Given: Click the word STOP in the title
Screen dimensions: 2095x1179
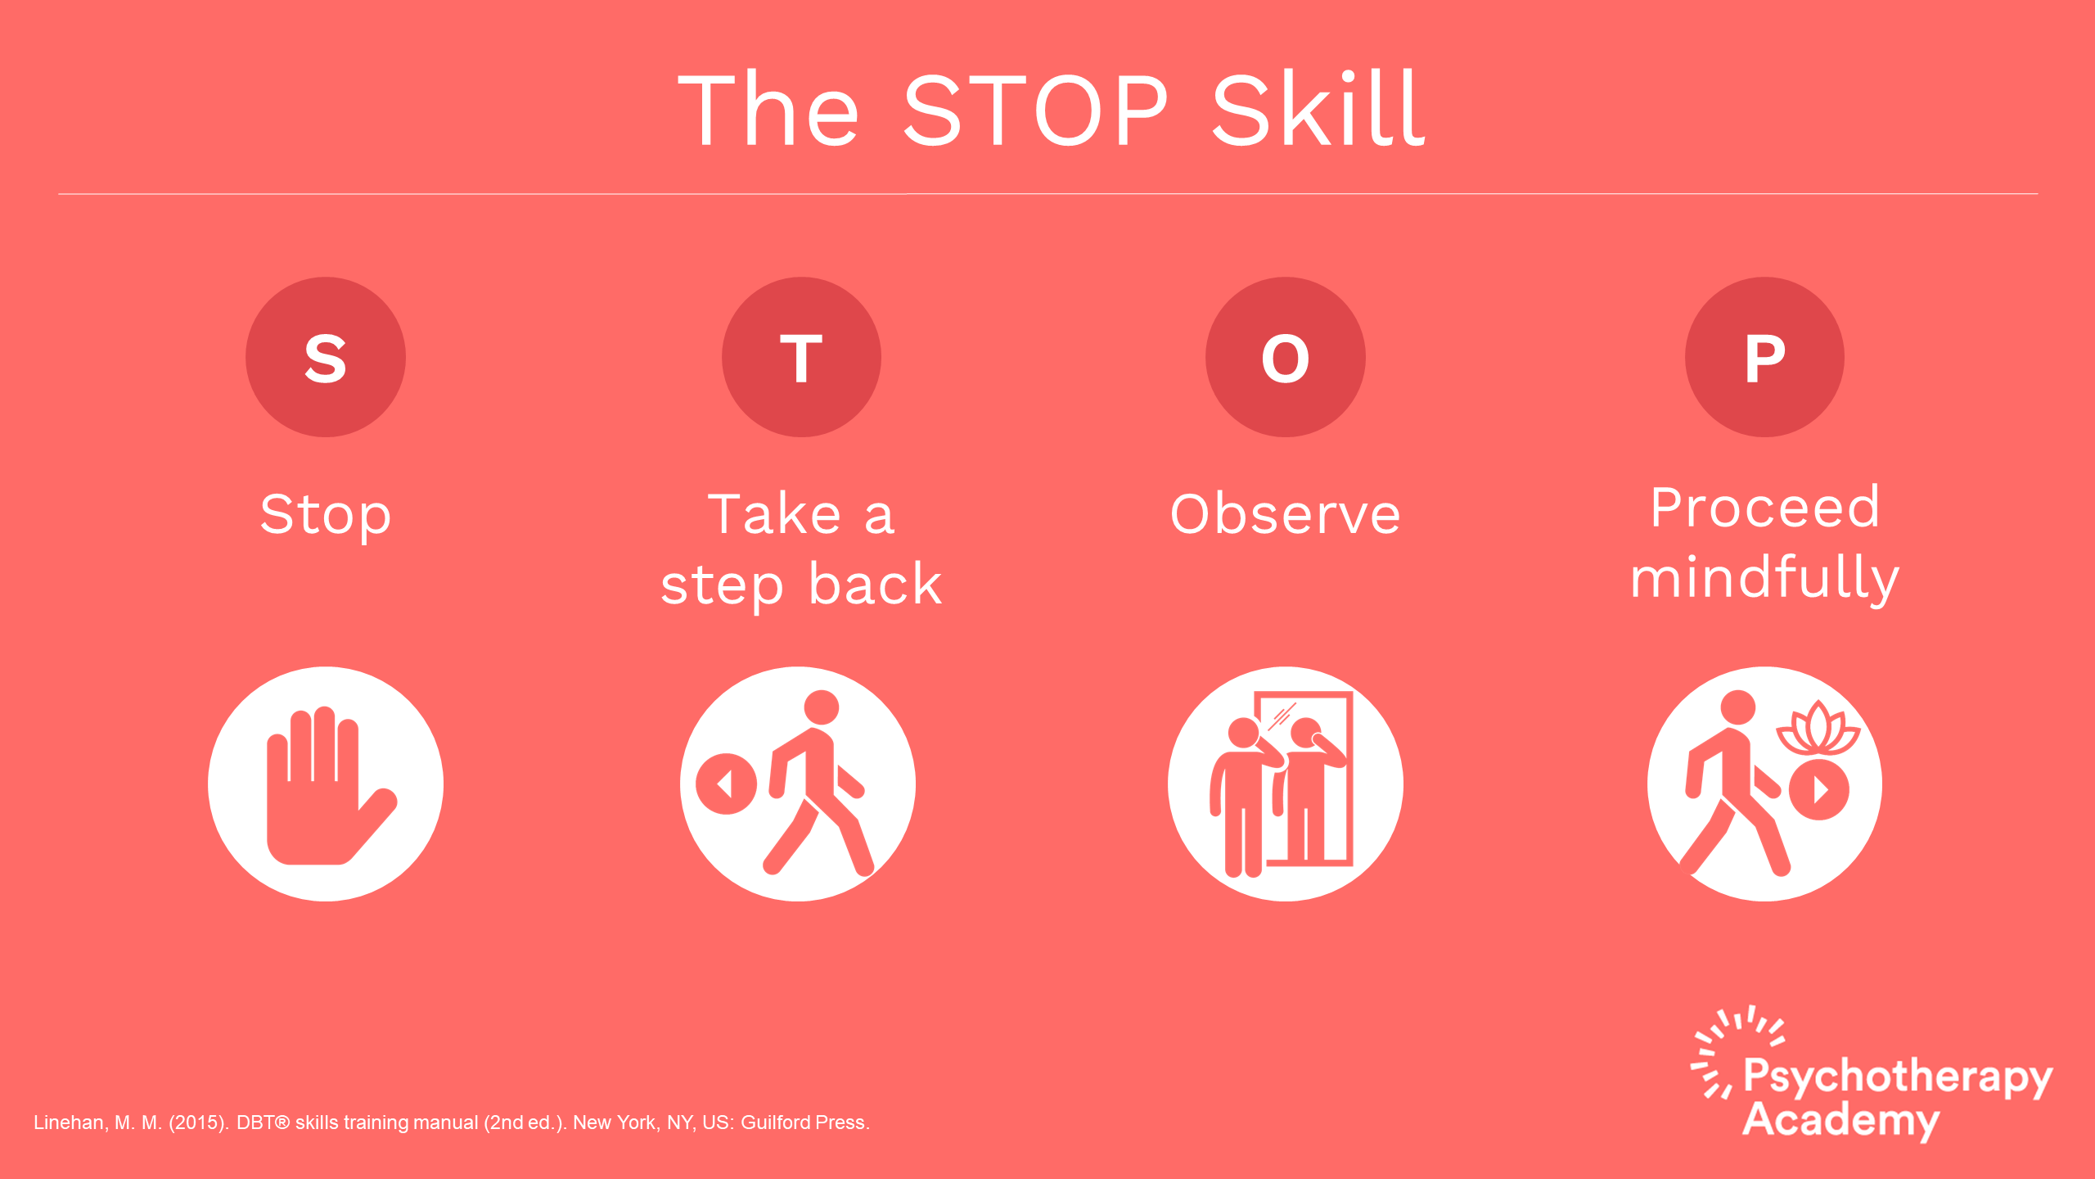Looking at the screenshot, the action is click(x=1035, y=111).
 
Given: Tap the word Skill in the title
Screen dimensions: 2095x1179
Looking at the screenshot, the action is click(x=1319, y=109).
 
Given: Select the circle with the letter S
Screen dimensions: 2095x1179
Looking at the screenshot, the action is click(x=326, y=357).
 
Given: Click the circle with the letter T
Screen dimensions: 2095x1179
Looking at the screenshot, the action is click(x=801, y=357).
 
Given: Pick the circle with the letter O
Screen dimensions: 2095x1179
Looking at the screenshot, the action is click(x=1285, y=357).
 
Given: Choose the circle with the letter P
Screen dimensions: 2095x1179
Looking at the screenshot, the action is click(x=1764, y=357).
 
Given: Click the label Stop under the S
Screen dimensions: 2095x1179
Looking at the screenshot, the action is click(x=326, y=516).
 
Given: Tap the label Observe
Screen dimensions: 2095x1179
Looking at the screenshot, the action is click(x=1285, y=514).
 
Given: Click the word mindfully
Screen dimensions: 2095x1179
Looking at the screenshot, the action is click(x=1764, y=579).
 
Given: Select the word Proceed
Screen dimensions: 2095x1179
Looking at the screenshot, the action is click(x=1764, y=508).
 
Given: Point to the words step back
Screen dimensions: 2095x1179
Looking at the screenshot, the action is click(x=801, y=585).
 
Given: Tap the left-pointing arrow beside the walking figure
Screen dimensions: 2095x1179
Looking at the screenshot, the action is click(x=726, y=784).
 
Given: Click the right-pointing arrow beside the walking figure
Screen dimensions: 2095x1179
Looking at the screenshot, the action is click(x=1819, y=789).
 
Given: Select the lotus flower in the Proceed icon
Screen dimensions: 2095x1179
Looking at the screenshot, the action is click(x=1818, y=728).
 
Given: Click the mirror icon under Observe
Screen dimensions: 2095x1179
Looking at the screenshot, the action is click(x=1285, y=784).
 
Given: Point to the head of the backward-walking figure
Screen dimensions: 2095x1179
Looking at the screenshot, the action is click(x=822, y=707).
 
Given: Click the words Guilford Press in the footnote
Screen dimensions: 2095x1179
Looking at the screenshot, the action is click(x=804, y=1123).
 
